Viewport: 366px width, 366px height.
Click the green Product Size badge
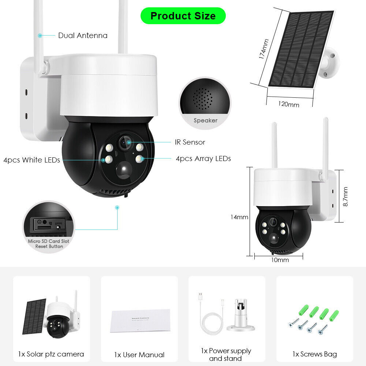tap(183, 16)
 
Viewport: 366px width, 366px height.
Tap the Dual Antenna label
tap(83, 36)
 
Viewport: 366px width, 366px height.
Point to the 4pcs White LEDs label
tap(31, 160)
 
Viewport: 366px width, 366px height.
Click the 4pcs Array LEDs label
tap(203, 158)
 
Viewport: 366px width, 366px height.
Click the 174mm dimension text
tap(263, 49)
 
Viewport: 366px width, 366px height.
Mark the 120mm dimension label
tap(288, 104)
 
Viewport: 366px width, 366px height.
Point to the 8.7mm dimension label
tap(345, 197)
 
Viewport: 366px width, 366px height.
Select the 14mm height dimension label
tap(239, 217)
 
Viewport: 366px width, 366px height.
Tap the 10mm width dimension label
tap(280, 260)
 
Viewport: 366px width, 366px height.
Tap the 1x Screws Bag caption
tap(314, 354)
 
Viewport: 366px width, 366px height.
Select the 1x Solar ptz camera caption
tap(51, 354)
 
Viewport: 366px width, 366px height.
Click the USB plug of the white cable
tap(200, 296)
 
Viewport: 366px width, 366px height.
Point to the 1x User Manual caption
tap(139, 355)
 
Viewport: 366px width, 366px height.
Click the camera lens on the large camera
tap(125, 143)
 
